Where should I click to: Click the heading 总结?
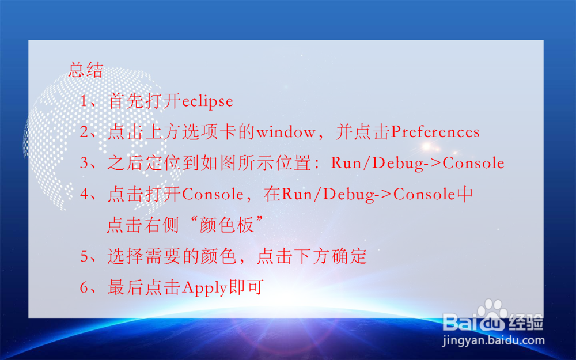(86, 70)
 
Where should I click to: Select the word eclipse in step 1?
(208, 102)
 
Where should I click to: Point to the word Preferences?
(435, 132)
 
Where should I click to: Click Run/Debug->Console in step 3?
(418, 164)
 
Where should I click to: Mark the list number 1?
(85, 102)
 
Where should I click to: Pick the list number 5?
(85, 256)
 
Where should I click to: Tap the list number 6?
(85, 287)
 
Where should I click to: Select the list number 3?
(85, 164)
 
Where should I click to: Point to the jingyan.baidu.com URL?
(493, 340)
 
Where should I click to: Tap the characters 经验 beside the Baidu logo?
(526, 322)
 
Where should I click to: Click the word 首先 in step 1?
(125, 102)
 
